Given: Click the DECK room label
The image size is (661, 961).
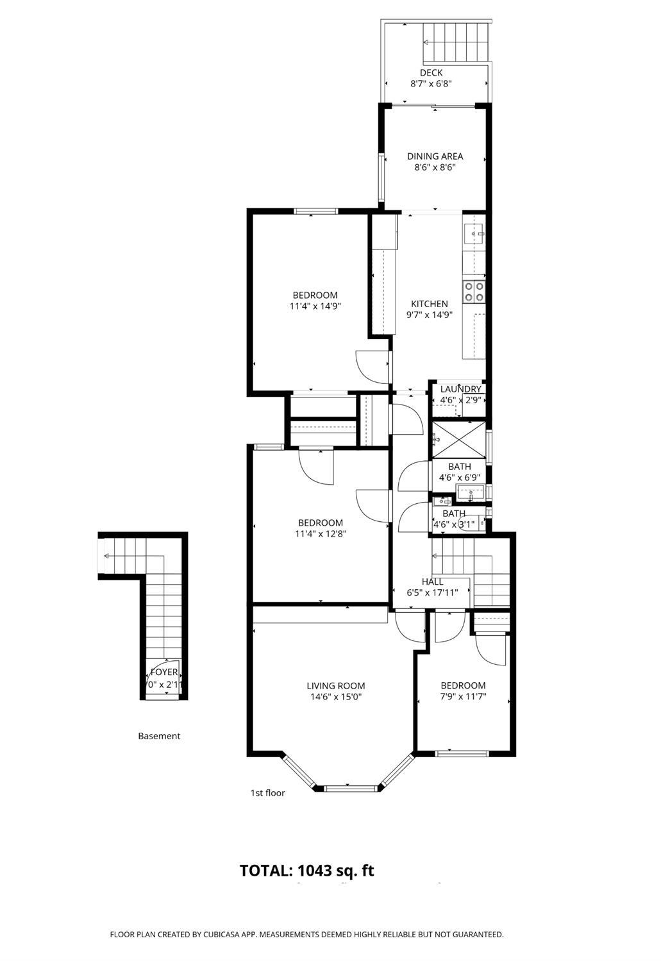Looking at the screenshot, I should (x=431, y=73).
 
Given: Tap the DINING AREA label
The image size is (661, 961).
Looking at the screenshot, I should (x=435, y=156).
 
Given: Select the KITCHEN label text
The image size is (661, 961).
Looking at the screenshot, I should (x=429, y=304).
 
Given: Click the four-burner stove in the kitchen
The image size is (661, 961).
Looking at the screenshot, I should (x=474, y=292).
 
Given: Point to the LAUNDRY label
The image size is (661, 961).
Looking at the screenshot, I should (x=460, y=389).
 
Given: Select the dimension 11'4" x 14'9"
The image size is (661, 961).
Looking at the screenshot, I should (x=314, y=306).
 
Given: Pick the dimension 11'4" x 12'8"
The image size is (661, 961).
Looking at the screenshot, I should (x=320, y=533).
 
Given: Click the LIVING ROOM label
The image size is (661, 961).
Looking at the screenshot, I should (x=335, y=686).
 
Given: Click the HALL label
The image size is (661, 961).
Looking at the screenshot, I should (x=432, y=581).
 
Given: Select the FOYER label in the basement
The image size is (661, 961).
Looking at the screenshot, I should (x=164, y=673).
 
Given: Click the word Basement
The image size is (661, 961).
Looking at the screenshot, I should (x=159, y=736).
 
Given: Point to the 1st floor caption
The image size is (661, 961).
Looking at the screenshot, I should (x=267, y=793).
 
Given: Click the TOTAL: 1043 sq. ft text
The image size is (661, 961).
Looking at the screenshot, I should (x=306, y=871).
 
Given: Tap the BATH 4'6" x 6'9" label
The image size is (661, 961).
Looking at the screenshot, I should (x=459, y=472).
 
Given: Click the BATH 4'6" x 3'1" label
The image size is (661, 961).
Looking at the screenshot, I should (x=454, y=519).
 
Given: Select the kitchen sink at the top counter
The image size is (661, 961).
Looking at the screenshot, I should (x=475, y=234).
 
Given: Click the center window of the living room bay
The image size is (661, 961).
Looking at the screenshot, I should (x=347, y=787).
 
